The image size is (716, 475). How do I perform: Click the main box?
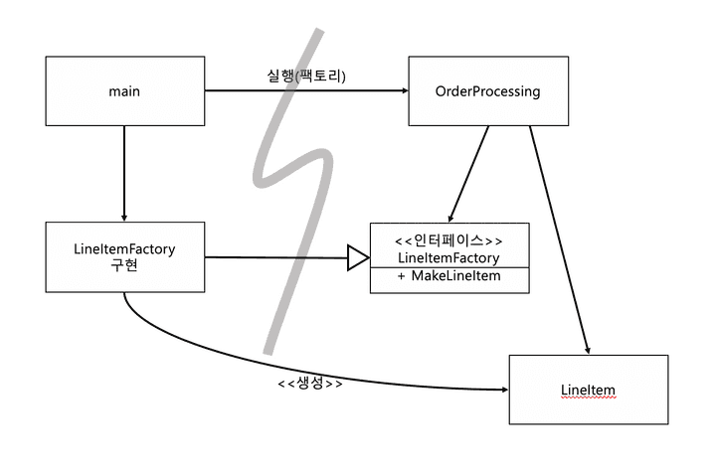coord(124,91)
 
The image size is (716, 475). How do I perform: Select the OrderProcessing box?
coord(487,91)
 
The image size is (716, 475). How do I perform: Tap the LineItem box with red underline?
coord(588,390)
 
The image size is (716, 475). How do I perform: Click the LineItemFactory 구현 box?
coord(124,257)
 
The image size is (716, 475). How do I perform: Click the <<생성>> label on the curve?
coord(310,383)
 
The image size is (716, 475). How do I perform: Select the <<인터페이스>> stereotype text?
coord(448,240)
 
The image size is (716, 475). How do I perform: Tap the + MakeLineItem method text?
coord(448,275)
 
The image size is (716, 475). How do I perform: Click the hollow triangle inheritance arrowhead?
coord(358,259)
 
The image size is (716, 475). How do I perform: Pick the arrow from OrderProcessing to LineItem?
coord(559,238)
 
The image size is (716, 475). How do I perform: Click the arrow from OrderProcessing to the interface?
coord(469,173)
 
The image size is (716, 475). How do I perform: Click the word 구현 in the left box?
coord(124,266)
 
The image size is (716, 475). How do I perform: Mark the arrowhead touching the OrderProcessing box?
coord(403,91)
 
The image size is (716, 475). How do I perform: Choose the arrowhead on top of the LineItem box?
coord(588,349)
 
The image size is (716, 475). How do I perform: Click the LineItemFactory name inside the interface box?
coord(448,258)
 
